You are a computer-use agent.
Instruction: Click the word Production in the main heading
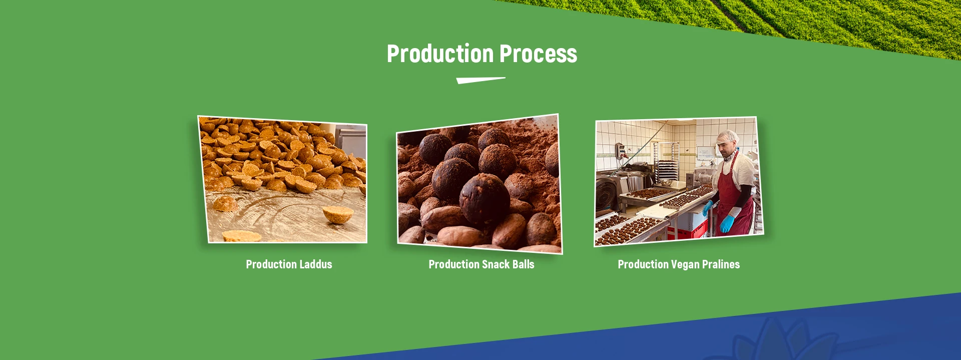[440, 54]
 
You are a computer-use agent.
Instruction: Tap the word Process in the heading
[539, 54]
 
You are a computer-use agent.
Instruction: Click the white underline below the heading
[480, 80]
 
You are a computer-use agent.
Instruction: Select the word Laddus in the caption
[316, 264]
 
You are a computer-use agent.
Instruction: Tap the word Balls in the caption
[523, 264]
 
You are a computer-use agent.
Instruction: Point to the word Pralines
[721, 264]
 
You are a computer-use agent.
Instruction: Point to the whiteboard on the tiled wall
[705, 153]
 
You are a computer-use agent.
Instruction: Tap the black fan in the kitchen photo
[607, 195]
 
